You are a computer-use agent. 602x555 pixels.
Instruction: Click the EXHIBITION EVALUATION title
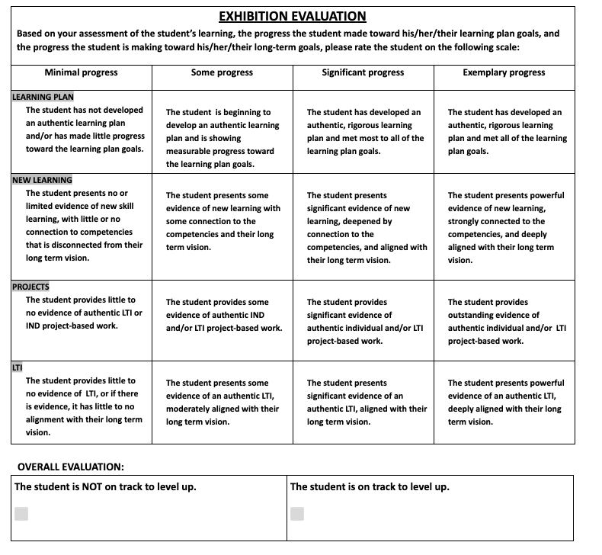[292, 16]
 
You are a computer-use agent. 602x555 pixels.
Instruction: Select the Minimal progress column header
[82, 72]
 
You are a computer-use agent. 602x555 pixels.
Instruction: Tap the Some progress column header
[222, 72]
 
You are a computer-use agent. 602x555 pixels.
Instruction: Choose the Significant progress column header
[363, 72]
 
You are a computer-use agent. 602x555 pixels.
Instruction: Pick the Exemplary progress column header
[504, 72]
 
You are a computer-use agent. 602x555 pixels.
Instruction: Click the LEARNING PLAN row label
[43, 97]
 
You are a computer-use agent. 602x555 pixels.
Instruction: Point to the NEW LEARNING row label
[42, 181]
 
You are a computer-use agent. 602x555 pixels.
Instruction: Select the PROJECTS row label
[30, 287]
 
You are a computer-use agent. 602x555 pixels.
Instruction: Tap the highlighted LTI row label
[17, 367]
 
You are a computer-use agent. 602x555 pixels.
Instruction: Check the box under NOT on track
[21, 513]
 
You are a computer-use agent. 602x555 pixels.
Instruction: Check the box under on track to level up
[297, 513]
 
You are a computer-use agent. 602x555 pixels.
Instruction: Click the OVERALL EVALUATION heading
[71, 467]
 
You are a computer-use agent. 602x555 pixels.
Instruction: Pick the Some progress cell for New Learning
[223, 221]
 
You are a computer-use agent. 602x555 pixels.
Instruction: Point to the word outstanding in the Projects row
[471, 315]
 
